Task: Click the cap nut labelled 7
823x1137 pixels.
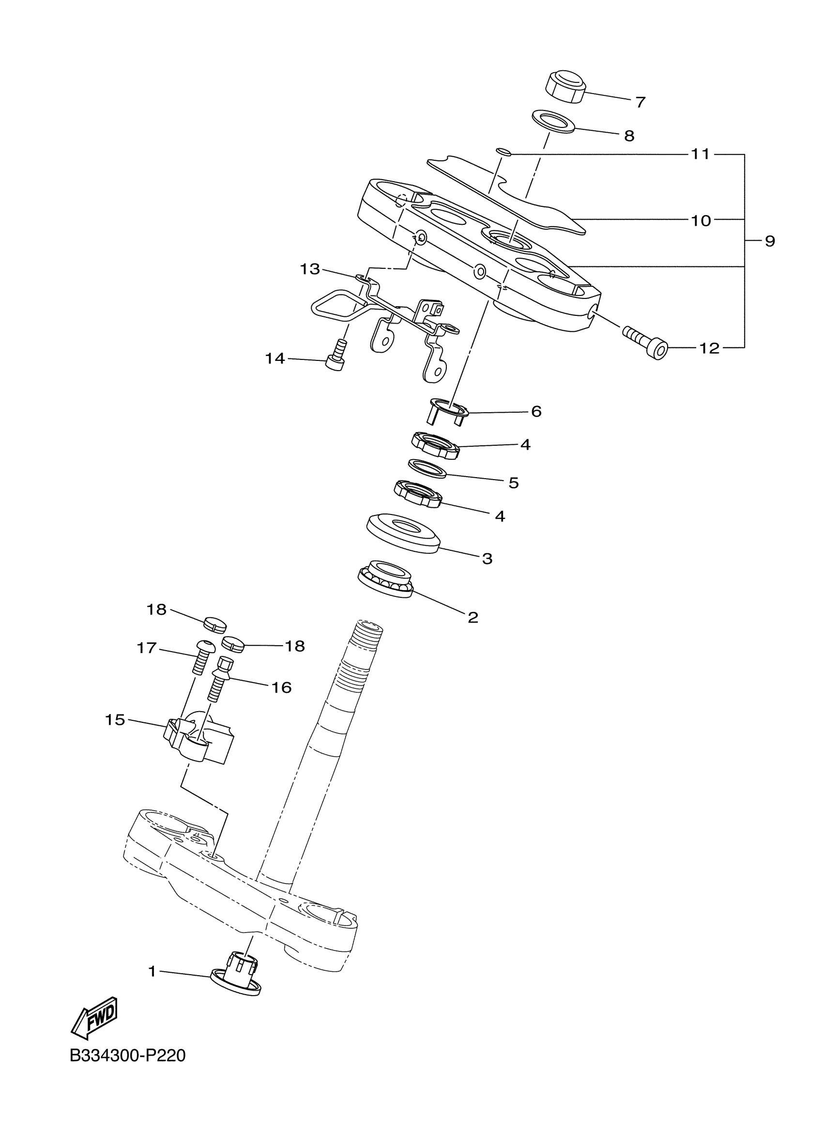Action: click(x=565, y=87)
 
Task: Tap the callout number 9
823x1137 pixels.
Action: click(x=770, y=241)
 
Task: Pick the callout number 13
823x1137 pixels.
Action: click(x=309, y=269)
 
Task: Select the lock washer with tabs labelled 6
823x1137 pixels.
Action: click(x=447, y=411)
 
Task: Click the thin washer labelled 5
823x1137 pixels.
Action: click(x=427, y=468)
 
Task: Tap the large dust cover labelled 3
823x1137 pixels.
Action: click(x=403, y=533)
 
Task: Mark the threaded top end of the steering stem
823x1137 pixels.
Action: click(x=368, y=634)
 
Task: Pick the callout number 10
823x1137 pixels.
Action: click(x=701, y=220)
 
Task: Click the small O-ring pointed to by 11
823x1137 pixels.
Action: click(x=503, y=152)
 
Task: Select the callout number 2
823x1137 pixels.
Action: click(x=472, y=617)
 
